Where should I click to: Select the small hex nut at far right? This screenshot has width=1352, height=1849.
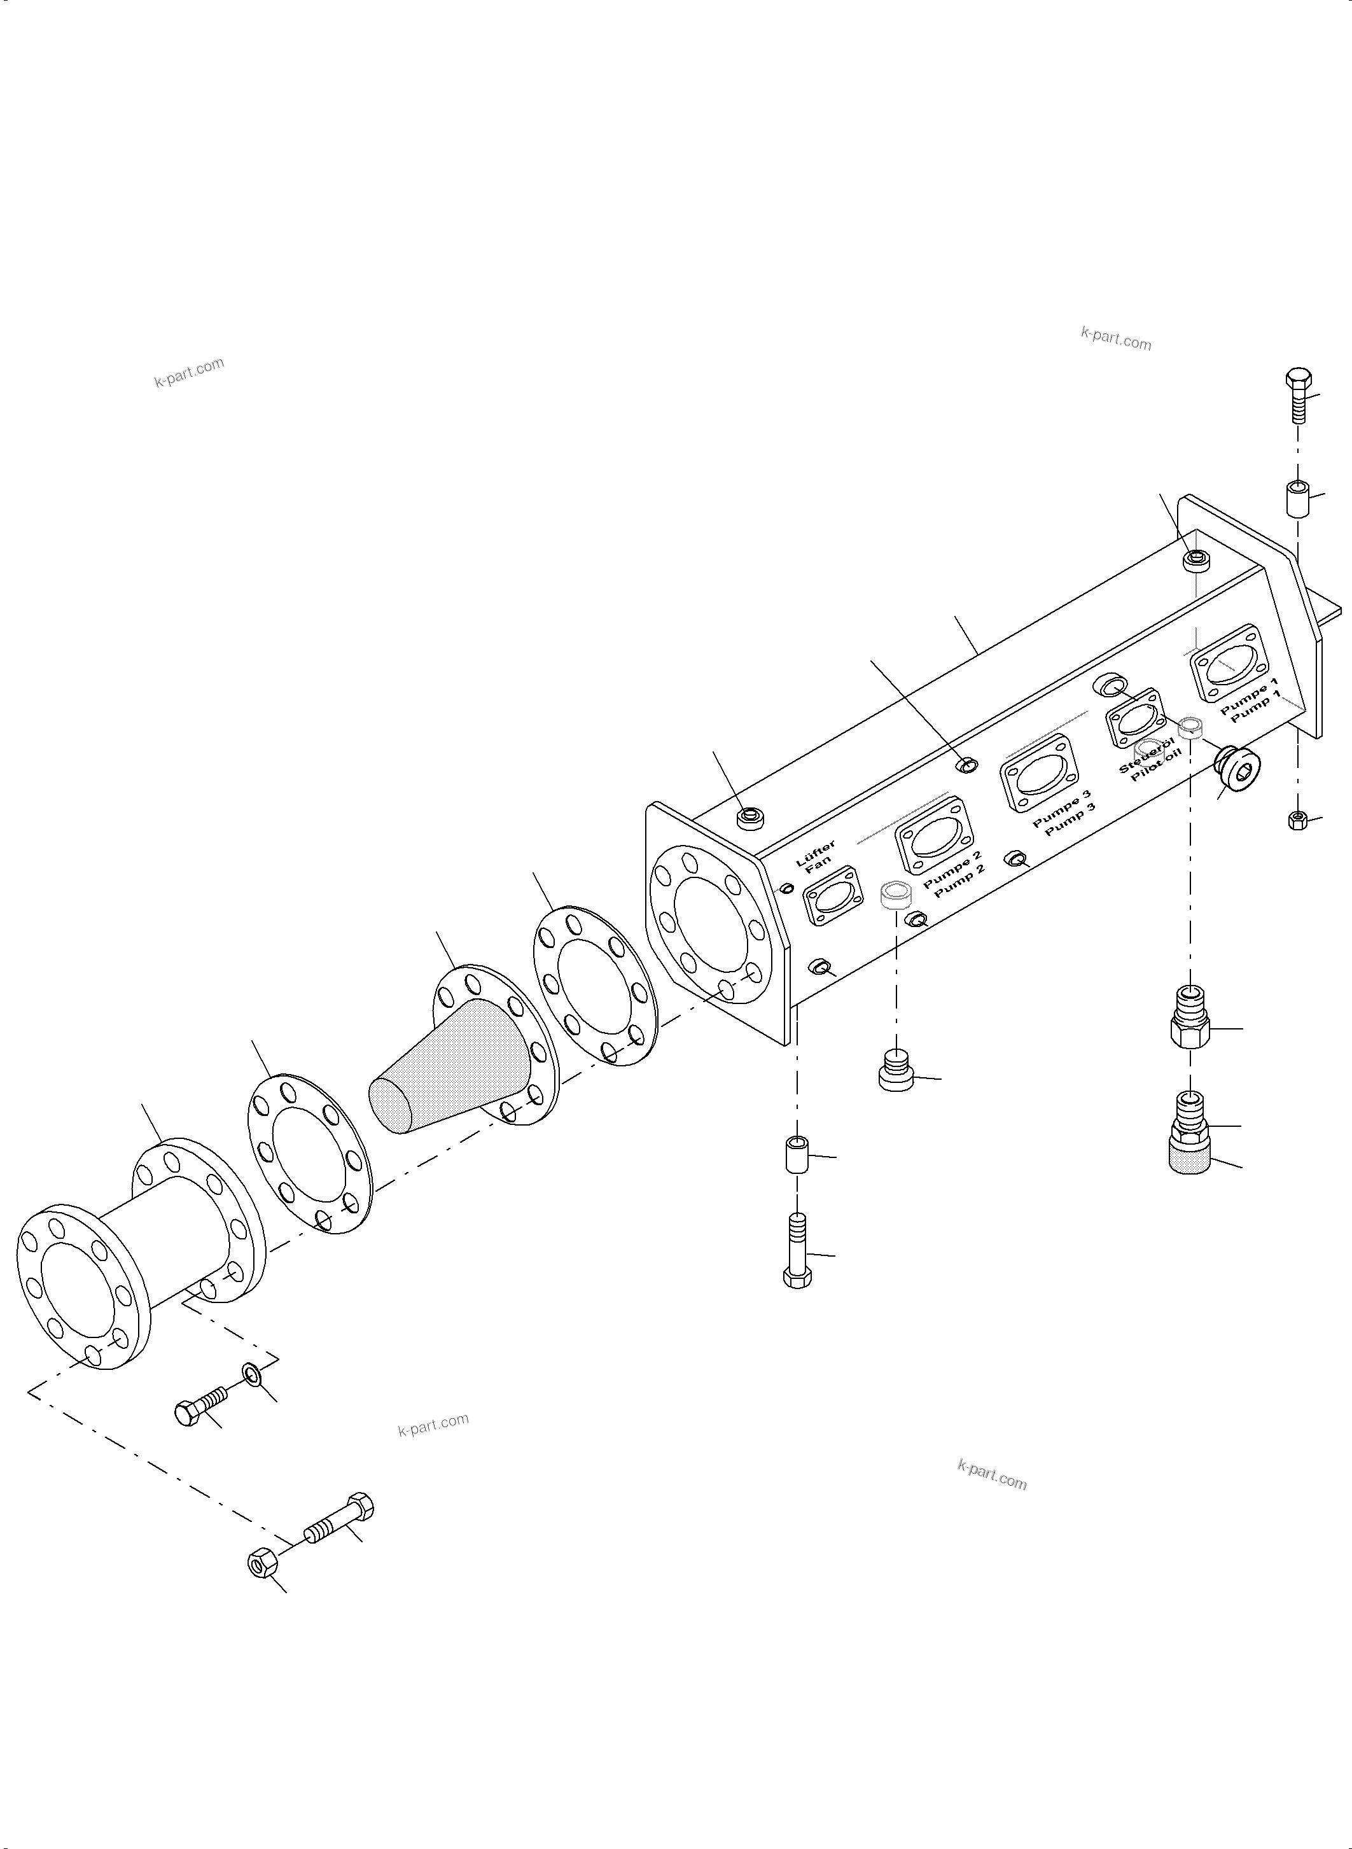click(x=1297, y=820)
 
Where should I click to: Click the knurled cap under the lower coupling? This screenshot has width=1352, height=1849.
click(x=1191, y=1157)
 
